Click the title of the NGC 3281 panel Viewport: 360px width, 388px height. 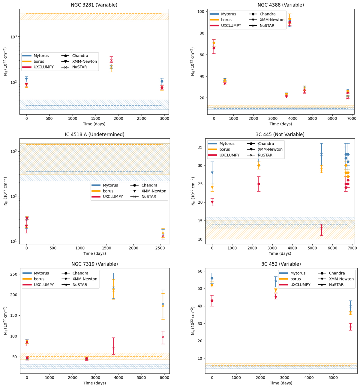coord(94,5)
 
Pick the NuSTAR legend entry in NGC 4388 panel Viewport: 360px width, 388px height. coord(267,26)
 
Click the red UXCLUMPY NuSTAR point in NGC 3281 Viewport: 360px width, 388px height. coord(111,60)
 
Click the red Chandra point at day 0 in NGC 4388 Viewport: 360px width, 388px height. coord(214,48)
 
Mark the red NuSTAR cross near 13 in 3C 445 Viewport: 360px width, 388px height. coord(321,228)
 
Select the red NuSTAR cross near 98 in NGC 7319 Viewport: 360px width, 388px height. coord(163,337)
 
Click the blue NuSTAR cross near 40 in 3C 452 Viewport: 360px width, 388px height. coord(350,306)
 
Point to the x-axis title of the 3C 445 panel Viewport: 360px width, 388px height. coord(280,253)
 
